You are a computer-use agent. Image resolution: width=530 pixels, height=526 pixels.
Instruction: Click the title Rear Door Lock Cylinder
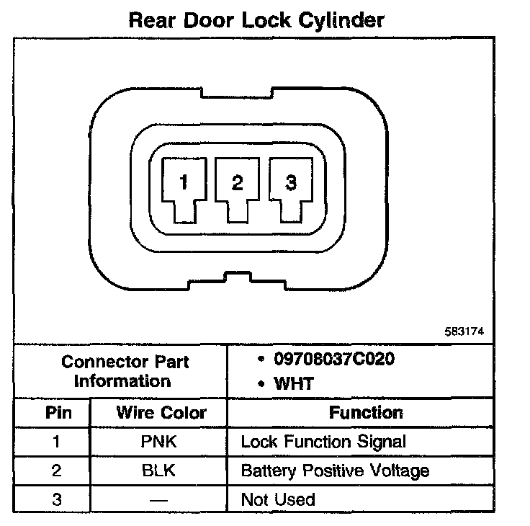256,19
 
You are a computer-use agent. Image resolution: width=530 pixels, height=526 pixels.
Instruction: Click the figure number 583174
464,331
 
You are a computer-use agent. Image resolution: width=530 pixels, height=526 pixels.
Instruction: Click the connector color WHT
294,383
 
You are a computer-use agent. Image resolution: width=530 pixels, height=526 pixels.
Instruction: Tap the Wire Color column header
161,413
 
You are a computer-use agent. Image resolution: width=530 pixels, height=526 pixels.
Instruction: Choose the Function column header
366,413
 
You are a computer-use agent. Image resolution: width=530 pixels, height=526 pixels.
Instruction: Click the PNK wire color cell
160,442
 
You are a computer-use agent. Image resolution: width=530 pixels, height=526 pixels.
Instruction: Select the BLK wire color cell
160,471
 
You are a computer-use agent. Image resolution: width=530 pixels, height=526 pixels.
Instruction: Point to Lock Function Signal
323,442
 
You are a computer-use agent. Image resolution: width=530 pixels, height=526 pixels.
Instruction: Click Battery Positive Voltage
335,471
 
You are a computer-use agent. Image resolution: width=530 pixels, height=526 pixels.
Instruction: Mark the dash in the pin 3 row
160,499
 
